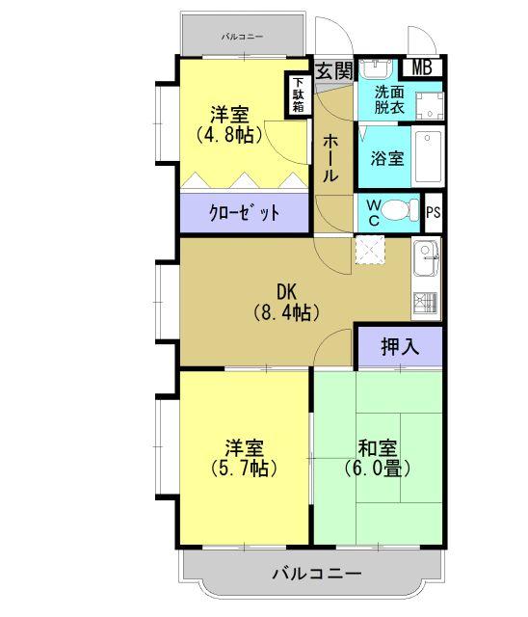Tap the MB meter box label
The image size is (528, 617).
(421, 67)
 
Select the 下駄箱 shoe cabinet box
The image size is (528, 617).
(299, 95)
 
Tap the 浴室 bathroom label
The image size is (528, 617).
(387, 158)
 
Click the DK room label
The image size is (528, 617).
(286, 291)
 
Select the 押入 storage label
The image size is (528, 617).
(400, 347)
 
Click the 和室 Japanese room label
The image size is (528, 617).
(378, 448)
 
